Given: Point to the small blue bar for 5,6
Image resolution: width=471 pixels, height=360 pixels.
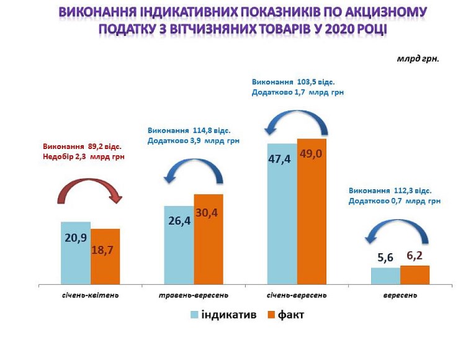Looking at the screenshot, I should [x=385, y=276].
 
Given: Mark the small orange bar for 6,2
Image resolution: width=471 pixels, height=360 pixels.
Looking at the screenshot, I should [x=415, y=275].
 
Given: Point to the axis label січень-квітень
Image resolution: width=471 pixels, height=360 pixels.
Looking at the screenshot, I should [x=91, y=295].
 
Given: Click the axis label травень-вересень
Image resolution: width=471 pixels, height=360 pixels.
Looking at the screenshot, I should [x=194, y=295].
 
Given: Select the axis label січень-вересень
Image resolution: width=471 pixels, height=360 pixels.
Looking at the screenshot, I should [x=297, y=295].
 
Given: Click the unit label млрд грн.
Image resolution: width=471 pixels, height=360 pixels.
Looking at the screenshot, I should [x=418, y=60].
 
